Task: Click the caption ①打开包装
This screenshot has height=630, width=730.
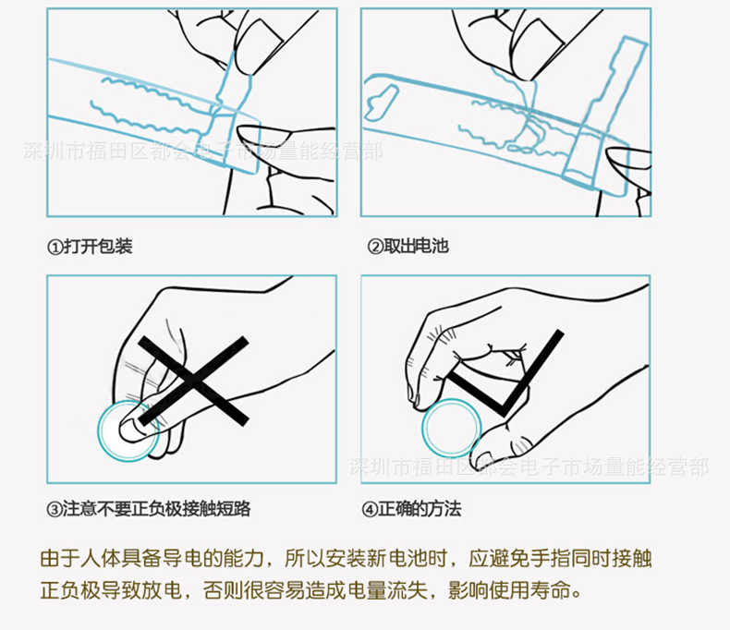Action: (x=90, y=247)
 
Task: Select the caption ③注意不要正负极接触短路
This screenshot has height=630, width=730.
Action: (x=149, y=508)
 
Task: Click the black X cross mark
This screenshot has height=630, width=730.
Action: (x=193, y=378)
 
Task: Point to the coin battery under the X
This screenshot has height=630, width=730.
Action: (x=128, y=430)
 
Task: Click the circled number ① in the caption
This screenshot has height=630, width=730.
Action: (x=55, y=247)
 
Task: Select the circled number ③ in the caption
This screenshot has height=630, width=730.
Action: (x=55, y=509)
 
